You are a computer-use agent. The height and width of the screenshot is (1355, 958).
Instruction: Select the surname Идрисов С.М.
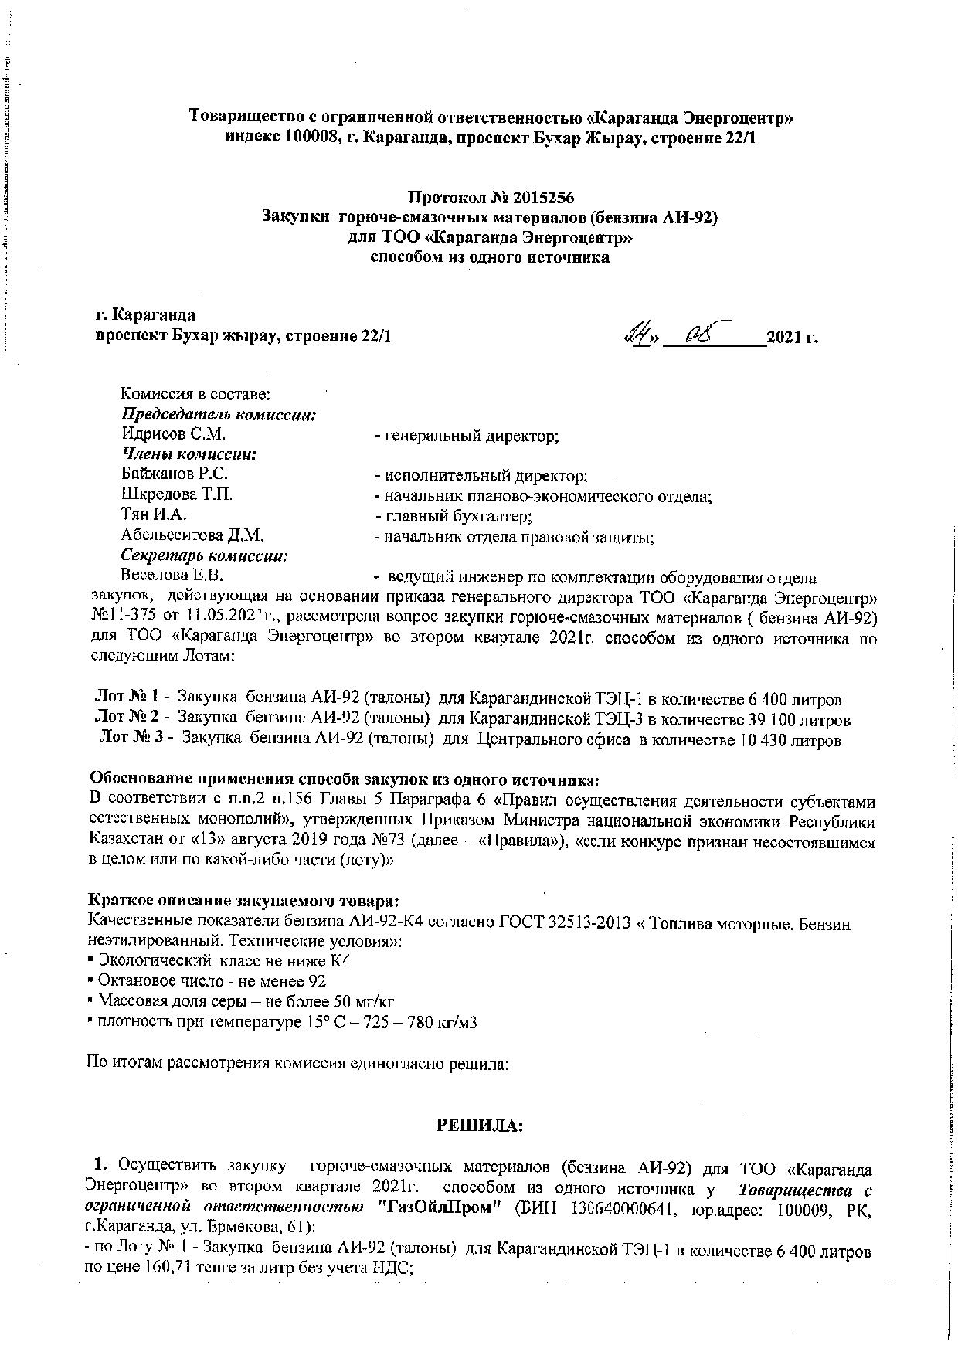(x=173, y=436)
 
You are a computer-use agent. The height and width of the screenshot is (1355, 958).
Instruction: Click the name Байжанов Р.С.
(x=175, y=474)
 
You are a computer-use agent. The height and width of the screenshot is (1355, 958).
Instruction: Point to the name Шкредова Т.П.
(x=177, y=494)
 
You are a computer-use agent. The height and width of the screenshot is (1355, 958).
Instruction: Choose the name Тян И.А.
(x=154, y=514)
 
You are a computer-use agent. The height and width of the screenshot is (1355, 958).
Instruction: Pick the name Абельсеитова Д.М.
(x=193, y=535)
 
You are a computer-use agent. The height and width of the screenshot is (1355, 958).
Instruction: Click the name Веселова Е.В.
(x=172, y=576)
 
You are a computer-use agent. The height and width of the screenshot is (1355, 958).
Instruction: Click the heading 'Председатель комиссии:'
(x=219, y=415)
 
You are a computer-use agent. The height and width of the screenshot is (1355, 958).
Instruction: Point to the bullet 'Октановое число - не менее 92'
(x=208, y=981)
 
